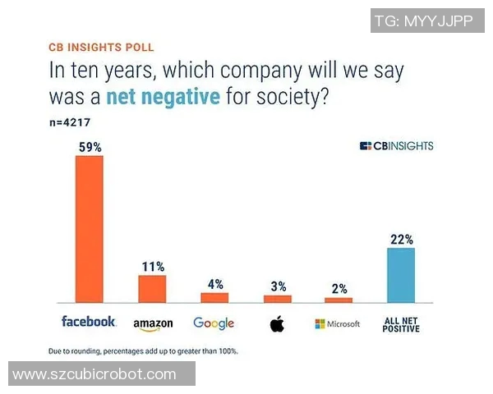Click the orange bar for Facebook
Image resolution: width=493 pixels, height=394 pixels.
[x=89, y=229]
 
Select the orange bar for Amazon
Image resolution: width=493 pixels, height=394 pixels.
[x=152, y=289]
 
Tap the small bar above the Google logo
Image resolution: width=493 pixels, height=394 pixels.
[x=214, y=297]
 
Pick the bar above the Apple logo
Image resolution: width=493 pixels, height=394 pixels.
[x=277, y=298]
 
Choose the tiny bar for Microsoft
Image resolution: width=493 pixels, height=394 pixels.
[x=339, y=300]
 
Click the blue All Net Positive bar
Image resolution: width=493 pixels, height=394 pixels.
[x=401, y=275]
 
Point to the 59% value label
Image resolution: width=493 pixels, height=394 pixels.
[x=89, y=147]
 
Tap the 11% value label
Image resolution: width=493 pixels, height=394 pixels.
[x=152, y=267]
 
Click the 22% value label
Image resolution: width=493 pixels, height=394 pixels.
[x=402, y=240]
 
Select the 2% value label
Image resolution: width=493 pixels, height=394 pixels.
[x=339, y=289]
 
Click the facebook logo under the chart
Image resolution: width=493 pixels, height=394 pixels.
[x=89, y=322]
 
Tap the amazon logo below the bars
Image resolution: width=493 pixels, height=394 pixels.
[x=153, y=323]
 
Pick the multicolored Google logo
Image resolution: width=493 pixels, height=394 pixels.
[x=214, y=323]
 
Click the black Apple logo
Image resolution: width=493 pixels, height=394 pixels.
[x=277, y=323]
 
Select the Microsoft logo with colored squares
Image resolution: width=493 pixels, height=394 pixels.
[x=338, y=323]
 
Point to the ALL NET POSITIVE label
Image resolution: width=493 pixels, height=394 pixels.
[x=402, y=324]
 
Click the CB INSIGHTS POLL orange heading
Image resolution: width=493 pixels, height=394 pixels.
[x=101, y=48]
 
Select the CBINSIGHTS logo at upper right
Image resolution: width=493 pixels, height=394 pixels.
[x=397, y=146]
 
